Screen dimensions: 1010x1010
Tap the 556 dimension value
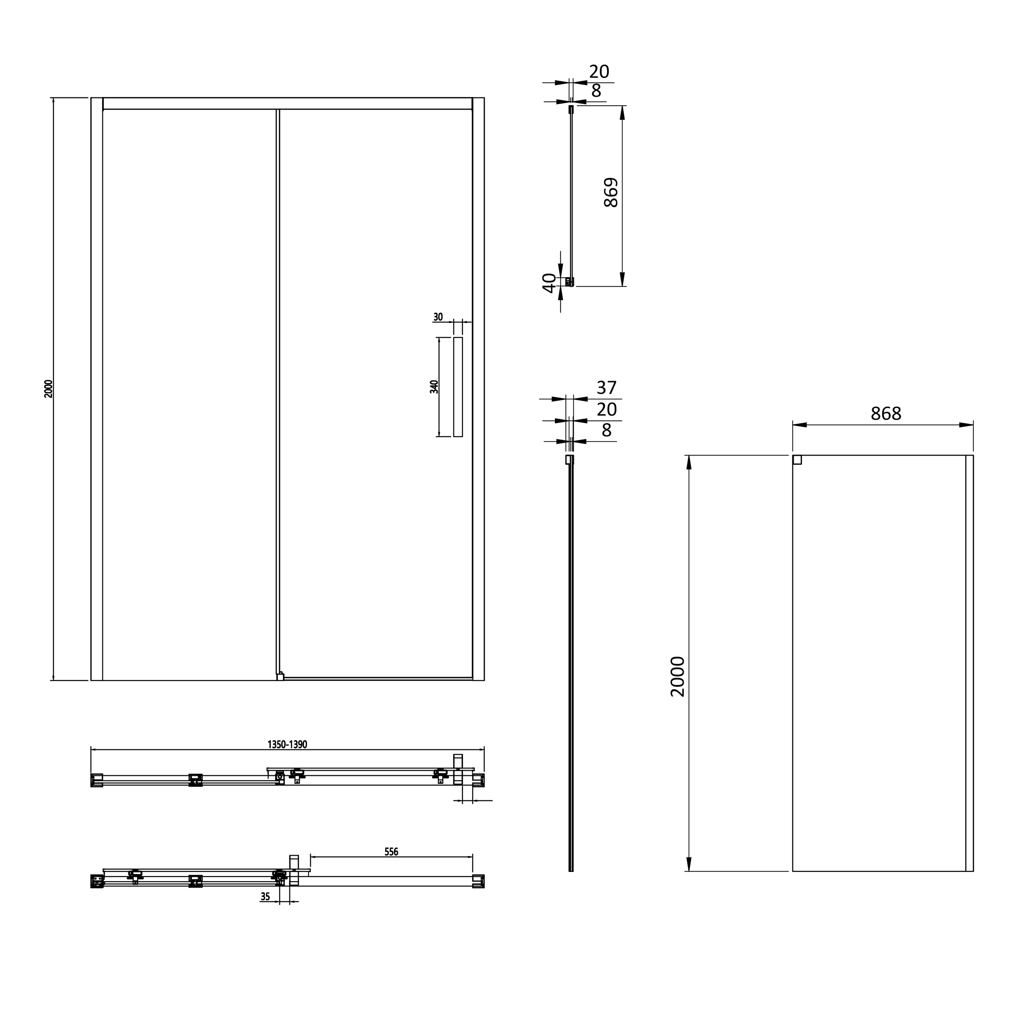[391, 852]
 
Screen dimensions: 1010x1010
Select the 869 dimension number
[611, 192]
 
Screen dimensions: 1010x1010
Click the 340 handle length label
[434, 387]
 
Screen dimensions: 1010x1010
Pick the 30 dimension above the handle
[438, 317]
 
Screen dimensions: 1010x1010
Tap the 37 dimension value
[606, 388]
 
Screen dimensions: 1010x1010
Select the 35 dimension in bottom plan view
[265, 897]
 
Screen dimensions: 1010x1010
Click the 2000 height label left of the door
[48, 389]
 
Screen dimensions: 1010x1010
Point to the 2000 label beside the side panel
[677, 676]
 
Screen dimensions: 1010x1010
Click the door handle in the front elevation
[458, 387]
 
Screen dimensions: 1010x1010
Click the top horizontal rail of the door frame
[288, 103]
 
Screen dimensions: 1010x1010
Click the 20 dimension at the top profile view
[599, 71]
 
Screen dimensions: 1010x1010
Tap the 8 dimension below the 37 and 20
[606, 430]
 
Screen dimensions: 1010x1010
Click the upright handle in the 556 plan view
[294, 870]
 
